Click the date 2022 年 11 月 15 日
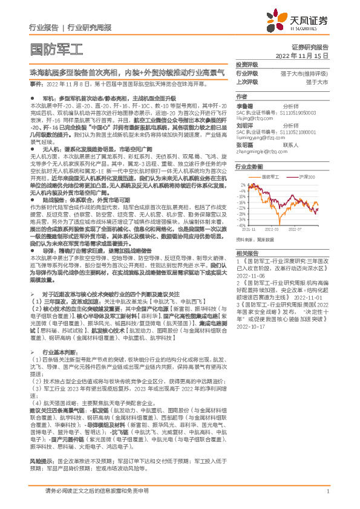(x=302, y=56)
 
